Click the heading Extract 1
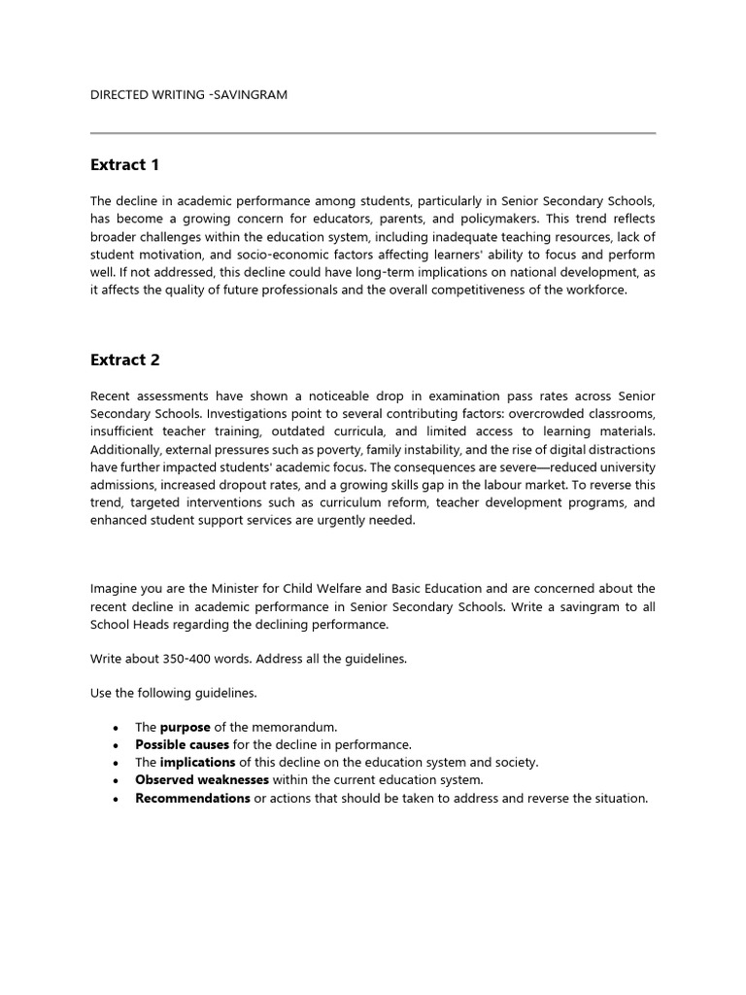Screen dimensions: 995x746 coord(124,165)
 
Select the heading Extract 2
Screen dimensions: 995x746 coord(124,360)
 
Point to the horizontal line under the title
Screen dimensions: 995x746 coord(373,133)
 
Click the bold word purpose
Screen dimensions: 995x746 coord(185,727)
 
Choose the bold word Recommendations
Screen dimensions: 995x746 coord(192,798)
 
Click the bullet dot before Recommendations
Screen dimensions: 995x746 coord(116,799)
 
